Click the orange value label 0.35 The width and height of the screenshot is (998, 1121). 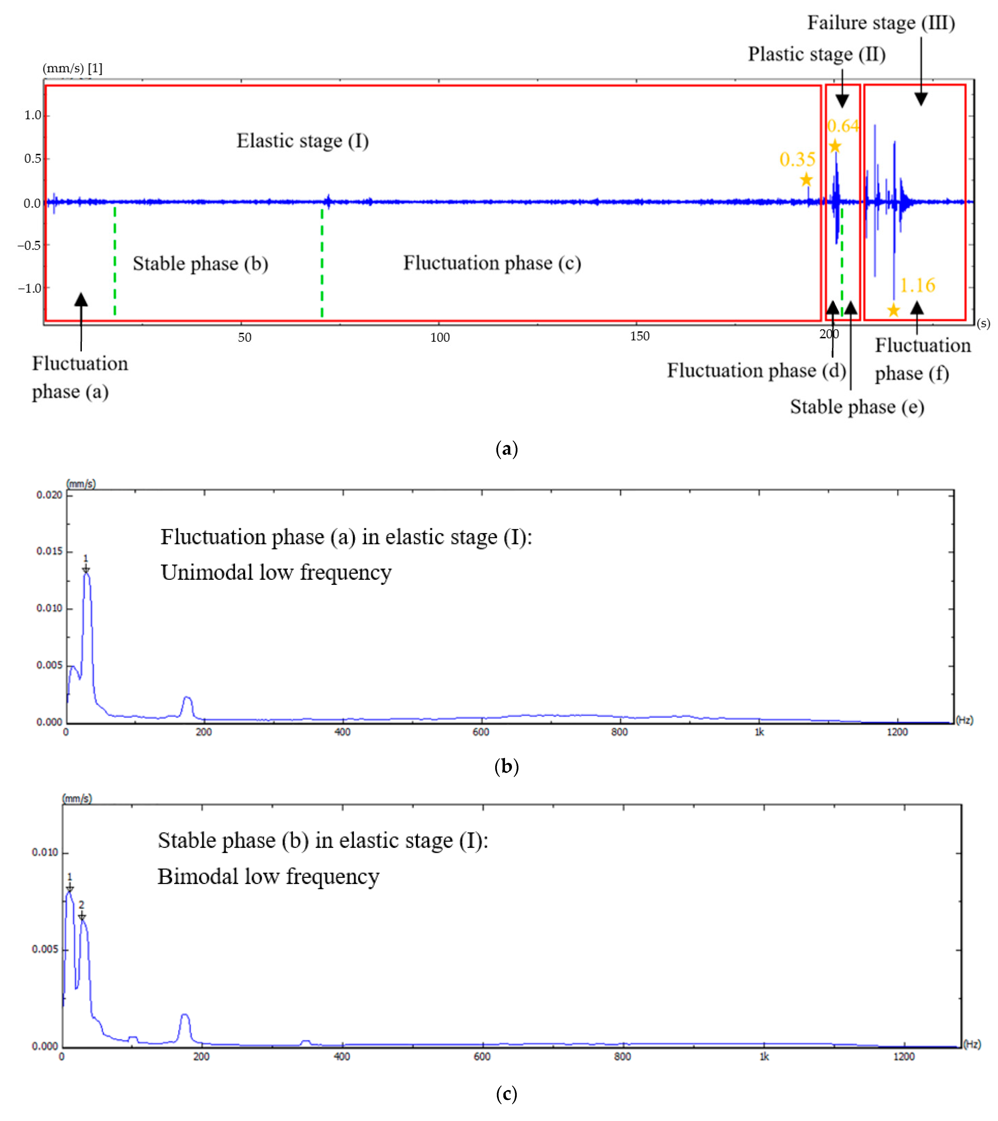point(797,160)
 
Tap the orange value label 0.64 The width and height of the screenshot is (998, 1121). point(843,126)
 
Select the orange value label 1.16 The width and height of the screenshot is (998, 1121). point(917,285)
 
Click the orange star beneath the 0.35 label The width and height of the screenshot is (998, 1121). point(806,180)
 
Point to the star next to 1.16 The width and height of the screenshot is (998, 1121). point(893,310)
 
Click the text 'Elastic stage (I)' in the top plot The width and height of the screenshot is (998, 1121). point(302,141)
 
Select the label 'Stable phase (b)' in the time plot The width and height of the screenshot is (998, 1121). point(200,264)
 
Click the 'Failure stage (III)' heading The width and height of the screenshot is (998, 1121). point(881,23)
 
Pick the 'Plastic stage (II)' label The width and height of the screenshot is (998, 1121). point(816,54)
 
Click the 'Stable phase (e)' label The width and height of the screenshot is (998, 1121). point(856,407)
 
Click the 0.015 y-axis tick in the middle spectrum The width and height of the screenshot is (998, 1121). point(49,551)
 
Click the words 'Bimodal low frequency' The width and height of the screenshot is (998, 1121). point(268,876)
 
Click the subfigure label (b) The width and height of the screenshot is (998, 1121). point(506,766)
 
